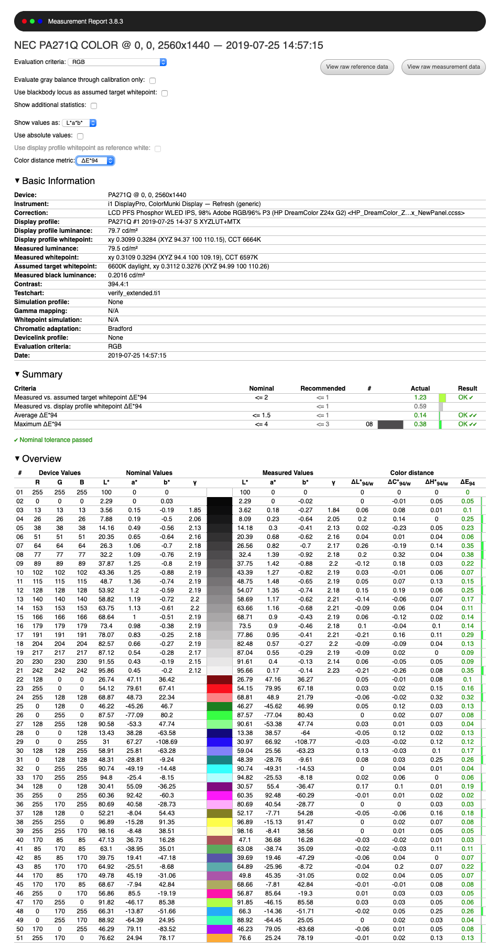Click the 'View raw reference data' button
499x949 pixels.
coord(357,67)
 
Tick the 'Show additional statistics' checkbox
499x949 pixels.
coord(94,106)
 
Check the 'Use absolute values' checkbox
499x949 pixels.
coord(80,136)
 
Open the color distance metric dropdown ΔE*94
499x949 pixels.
coord(95,161)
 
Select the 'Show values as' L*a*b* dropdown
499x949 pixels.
coord(79,123)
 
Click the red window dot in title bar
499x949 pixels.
coord(24,21)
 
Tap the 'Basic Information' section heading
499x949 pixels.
coord(58,181)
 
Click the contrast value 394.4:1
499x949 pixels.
coord(118,284)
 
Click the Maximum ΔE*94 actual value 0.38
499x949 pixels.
coord(420,424)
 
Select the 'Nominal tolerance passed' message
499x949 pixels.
coord(56,440)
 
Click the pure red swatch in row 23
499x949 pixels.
coord(220,688)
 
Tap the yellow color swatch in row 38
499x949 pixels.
coord(220,822)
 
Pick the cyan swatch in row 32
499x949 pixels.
coord(220,769)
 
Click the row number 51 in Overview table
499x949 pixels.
coord(20,938)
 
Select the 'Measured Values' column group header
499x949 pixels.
coord(288,473)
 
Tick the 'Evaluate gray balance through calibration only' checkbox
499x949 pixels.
coord(153,81)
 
